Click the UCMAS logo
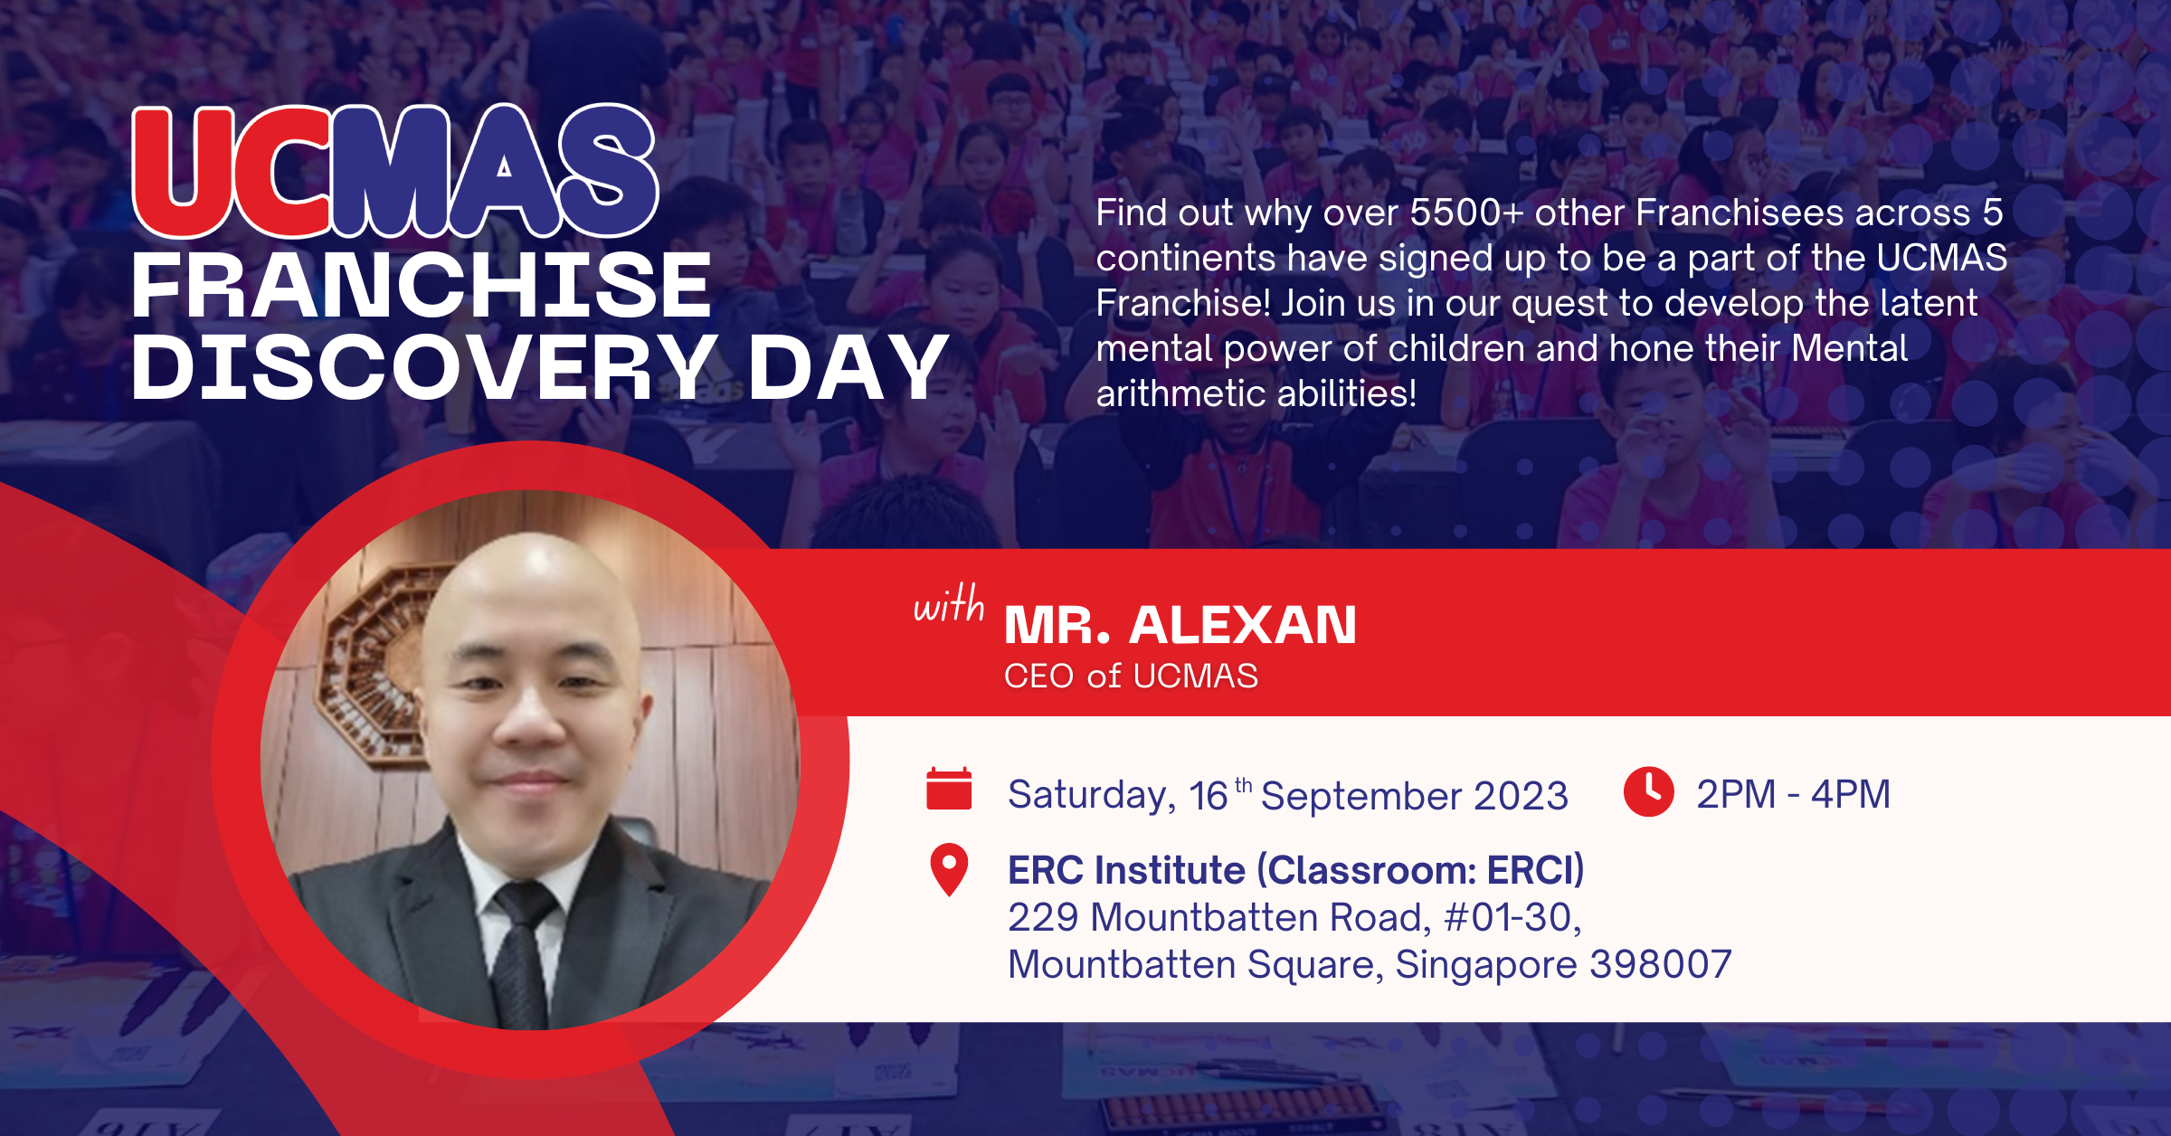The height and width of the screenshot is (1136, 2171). click(x=395, y=171)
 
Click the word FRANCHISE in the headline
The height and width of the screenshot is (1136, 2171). click(x=422, y=286)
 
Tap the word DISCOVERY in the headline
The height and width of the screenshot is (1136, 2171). click(x=425, y=366)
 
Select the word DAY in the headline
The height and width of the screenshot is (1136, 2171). click(x=848, y=366)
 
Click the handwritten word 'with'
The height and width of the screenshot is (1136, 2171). click(x=949, y=604)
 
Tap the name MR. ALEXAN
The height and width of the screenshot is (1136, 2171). click(x=1180, y=625)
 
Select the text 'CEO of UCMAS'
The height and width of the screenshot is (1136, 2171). click(x=1131, y=676)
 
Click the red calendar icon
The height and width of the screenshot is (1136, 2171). click(x=949, y=789)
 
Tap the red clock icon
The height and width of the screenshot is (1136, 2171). click(x=1648, y=791)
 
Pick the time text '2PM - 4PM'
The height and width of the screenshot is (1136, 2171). click(x=1793, y=794)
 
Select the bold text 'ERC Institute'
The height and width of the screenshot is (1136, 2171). click(x=1126, y=870)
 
